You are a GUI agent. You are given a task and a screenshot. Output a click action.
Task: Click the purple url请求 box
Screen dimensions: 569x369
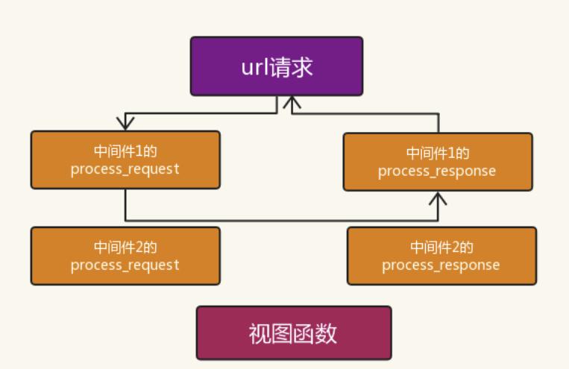pyautogui.click(x=277, y=66)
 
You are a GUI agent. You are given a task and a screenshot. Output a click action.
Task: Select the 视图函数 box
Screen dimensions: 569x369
pyautogui.click(x=294, y=333)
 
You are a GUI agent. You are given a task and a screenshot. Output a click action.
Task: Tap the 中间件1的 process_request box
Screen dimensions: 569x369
pyautogui.click(x=125, y=160)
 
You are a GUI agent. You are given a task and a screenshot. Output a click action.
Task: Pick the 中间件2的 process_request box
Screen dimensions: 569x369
pyautogui.click(x=125, y=256)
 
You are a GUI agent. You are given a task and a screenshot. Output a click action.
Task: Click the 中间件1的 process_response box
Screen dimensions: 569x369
pyautogui.click(x=438, y=162)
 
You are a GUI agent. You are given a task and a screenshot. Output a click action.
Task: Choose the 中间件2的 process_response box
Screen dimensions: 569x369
pyautogui.click(x=441, y=256)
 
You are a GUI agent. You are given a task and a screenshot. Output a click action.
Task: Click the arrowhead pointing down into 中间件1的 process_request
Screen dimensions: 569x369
pyautogui.click(x=125, y=124)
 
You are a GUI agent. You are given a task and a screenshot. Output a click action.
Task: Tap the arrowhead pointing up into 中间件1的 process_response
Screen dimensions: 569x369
pyautogui.click(x=438, y=198)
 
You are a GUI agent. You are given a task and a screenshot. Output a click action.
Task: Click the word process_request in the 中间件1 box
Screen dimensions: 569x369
pyautogui.click(x=125, y=169)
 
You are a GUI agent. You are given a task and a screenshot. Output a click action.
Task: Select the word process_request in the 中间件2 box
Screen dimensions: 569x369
pyautogui.click(x=125, y=265)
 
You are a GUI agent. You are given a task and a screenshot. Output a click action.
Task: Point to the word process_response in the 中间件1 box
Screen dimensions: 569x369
pyautogui.click(x=437, y=171)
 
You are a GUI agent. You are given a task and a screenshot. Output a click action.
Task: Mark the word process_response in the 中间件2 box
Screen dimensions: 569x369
pyautogui.click(x=441, y=265)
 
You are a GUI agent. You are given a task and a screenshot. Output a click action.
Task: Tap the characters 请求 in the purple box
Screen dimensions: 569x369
pyautogui.click(x=292, y=68)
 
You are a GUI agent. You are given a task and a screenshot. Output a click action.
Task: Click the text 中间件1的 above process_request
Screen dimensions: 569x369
pyautogui.click(x=125, y=151)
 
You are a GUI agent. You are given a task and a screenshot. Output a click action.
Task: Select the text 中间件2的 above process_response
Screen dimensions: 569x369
pyautogui.click(x=441, y=247)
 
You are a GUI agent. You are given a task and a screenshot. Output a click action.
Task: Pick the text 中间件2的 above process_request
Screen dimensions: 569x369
pyautogui.click(x=125, y=247)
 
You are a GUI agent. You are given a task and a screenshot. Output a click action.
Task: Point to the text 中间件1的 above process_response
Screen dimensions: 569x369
pyautogui.click(x=438, y=153)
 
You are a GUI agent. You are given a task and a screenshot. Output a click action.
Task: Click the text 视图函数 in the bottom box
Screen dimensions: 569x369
pyautogui.click(x=293, y=333)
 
